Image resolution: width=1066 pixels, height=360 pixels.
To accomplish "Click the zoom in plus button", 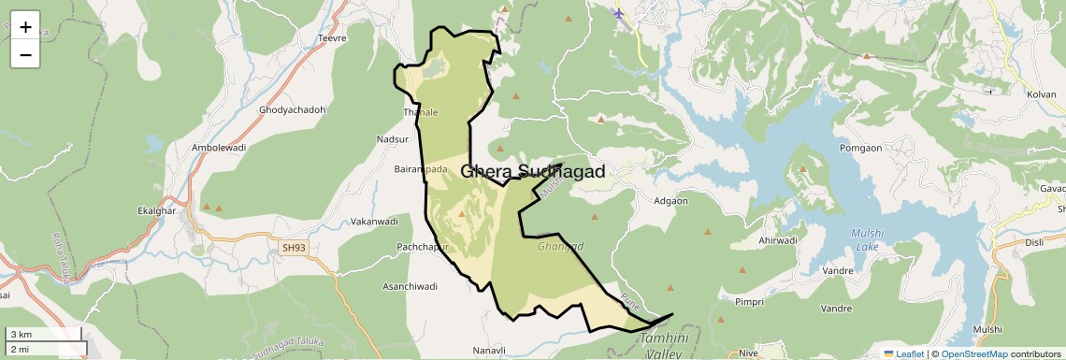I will [x=25, y=27].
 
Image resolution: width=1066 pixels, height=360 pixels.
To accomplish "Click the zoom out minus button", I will [x=25, y=55].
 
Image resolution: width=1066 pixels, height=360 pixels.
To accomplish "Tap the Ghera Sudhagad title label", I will [x=532, y=172].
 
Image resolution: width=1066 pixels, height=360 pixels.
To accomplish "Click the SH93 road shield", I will [x=293, y=248].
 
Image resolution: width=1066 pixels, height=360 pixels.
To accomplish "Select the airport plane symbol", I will [x=618, y=13].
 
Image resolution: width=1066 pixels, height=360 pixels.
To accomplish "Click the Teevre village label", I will [x=333, y=38].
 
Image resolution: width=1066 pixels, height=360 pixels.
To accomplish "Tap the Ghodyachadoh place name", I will [x=292, y=110].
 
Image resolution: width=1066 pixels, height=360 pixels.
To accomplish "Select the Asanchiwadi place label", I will [x=411, y=286].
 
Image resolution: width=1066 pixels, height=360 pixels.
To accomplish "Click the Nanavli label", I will [x=489, y=350].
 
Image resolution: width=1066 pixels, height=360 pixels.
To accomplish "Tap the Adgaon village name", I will [x=670, y=201].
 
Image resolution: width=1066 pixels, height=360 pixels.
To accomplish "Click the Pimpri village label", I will [x=750, y=302].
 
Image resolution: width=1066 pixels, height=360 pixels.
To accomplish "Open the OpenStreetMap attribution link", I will [x=973, y=353].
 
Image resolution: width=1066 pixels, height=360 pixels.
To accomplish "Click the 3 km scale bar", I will [x=44, y=334].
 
